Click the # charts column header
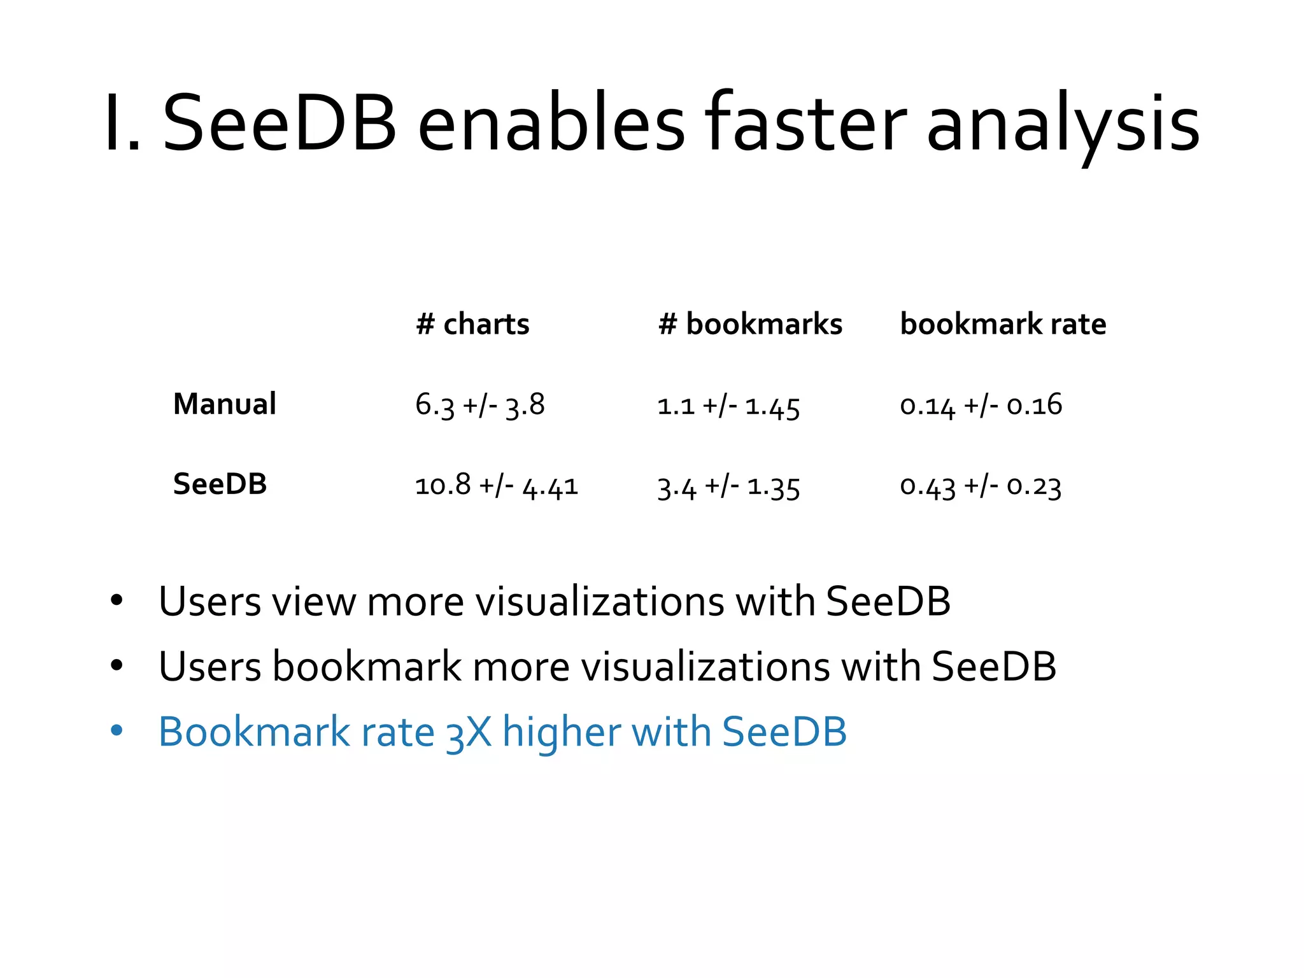click(x=472, y=324)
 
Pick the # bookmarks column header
click(x=749, y=324)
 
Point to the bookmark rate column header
click(x=1003, y=324)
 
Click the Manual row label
click(x=224, y=404)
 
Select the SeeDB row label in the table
click(x=220, y=484)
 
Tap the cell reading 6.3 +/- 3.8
click(x=479, y=405)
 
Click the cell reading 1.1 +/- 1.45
click(x=728, y=406)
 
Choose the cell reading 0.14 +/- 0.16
click(x=981, y=406)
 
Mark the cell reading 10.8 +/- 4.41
click(x=496, y=486)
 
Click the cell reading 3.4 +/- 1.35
click(x=728, y=487)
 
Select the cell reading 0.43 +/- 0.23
click(x=981, y=486)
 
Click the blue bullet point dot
click(x=116, y=730)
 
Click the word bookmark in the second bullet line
click(x=367, y=667)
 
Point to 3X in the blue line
click(x=469, y=732)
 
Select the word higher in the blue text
click(x=561, y=732)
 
